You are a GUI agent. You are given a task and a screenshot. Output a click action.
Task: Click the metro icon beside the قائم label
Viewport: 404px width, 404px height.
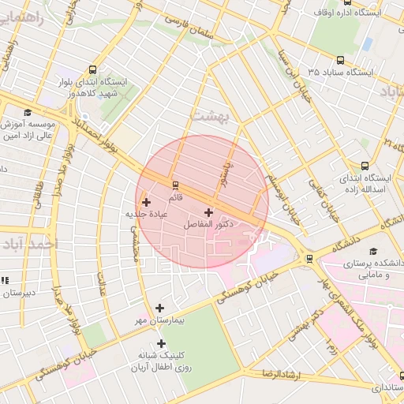[175, 185]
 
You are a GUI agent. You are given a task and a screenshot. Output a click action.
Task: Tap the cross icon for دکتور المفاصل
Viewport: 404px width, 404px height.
[208, 212]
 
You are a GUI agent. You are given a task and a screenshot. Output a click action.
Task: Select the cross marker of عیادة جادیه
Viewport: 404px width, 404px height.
[146, 202]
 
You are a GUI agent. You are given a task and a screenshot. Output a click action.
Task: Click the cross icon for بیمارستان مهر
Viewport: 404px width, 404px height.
[160, 308]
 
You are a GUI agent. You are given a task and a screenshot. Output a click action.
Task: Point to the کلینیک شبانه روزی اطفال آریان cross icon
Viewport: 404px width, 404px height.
[162, 343]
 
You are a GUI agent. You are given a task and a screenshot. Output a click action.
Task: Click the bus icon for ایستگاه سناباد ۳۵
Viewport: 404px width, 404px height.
[340, 59]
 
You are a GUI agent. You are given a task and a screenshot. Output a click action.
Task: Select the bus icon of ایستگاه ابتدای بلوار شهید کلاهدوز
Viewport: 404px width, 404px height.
[94, 69]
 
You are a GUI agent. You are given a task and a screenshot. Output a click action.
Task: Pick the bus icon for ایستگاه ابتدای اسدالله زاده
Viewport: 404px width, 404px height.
[365, 166]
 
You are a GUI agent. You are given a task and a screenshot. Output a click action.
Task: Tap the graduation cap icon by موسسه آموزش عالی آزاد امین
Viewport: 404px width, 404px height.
[28, 113]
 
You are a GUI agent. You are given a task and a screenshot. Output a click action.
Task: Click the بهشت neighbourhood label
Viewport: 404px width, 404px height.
[209, 116]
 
